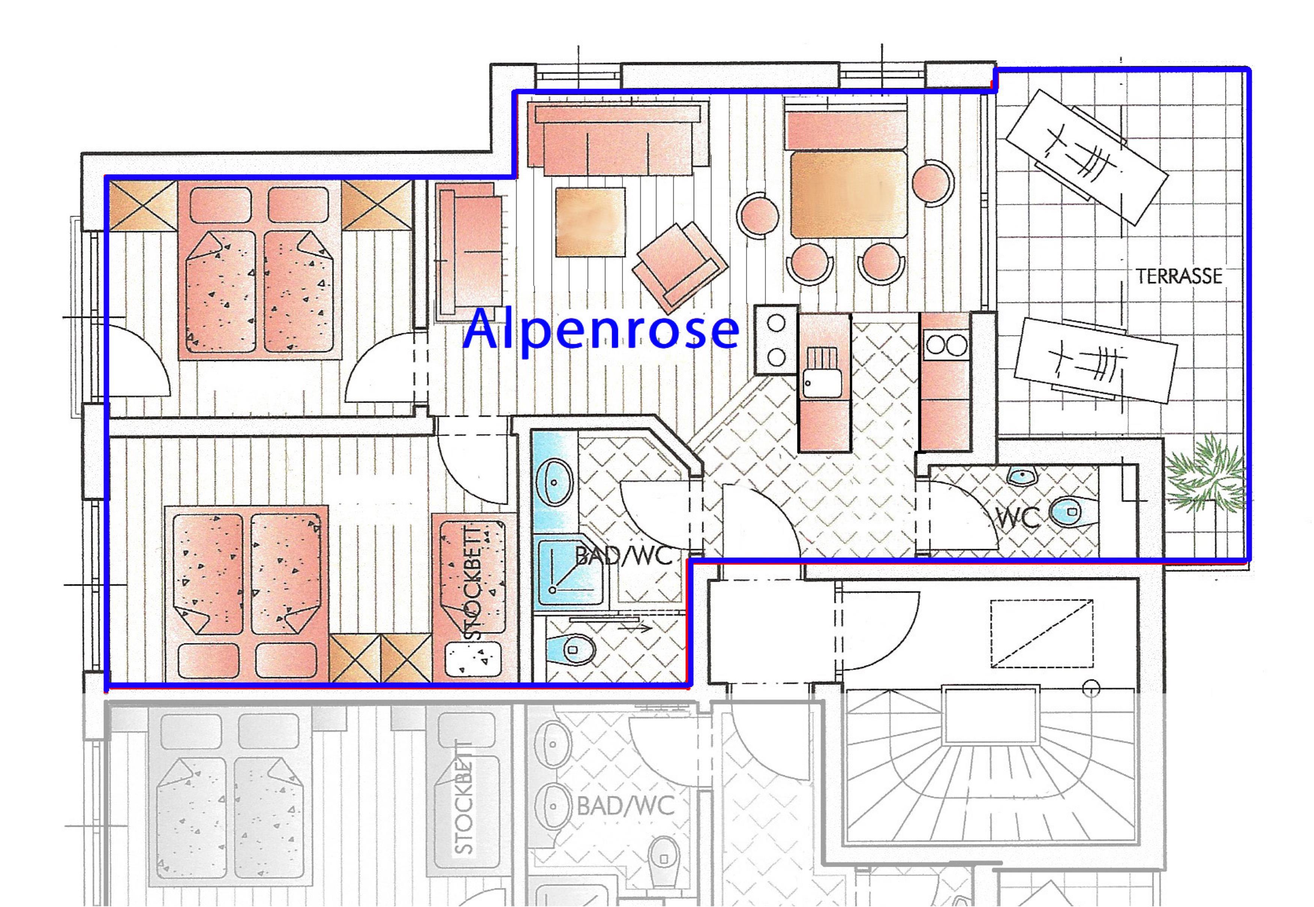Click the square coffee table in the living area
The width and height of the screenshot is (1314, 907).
pos(590,221)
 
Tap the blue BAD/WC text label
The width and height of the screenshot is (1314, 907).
pos(624,556)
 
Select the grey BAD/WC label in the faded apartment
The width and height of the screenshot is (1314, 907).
pos(625,806)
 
